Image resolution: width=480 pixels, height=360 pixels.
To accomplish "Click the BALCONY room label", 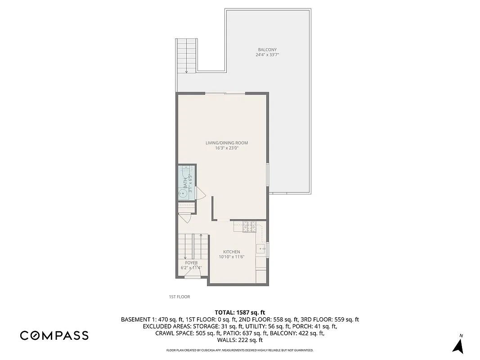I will [x=267, y=49].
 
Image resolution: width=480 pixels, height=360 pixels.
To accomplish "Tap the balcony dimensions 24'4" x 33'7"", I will [x=267, y=55].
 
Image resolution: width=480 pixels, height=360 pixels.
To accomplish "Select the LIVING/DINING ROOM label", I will [x=227, y=143].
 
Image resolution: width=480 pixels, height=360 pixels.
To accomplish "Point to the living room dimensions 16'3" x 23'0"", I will [x=227, y=148].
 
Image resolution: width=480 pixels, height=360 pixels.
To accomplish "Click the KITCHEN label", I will [x=232, y=252].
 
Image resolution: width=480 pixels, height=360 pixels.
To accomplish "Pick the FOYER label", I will [x=191, y=263].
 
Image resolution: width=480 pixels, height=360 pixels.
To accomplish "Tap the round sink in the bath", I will [x=183, y=194].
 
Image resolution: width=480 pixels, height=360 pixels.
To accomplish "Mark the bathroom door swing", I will [x=201, y=194].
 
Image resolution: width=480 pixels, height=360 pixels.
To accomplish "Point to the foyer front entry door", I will [x=193, y=277].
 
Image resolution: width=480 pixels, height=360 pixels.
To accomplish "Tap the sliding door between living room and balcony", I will [x=225, y=93].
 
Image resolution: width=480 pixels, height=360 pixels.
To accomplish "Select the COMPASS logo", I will [x=54, y=335].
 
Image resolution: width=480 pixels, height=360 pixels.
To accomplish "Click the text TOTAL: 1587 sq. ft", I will [x=240, y=312].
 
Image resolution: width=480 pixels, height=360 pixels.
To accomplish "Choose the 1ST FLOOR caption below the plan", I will [x=179, y=297].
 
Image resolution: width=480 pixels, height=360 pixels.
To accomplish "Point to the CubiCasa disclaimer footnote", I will [x=240, y=350].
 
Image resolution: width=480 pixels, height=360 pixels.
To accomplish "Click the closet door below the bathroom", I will [x=185, y=218].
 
